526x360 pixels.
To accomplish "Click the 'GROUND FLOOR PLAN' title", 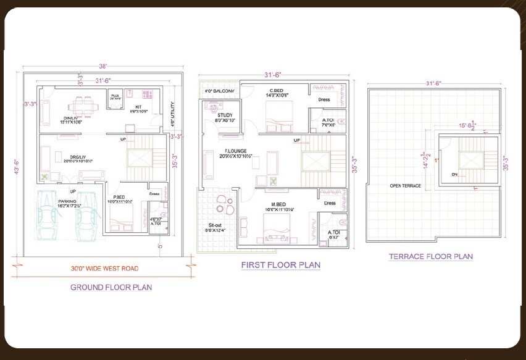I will [x=111, y=287].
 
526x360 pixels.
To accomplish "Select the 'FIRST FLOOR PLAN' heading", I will [x=280, y=265].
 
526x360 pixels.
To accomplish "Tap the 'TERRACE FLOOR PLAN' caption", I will [x=431, y=256].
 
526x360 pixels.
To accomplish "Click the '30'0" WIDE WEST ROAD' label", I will [x=103, y=269].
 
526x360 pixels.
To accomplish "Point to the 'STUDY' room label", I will [x=225, y=115].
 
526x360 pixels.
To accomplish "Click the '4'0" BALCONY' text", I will [x=219, y=91].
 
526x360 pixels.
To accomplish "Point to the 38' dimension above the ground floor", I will [x=103, y=65].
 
